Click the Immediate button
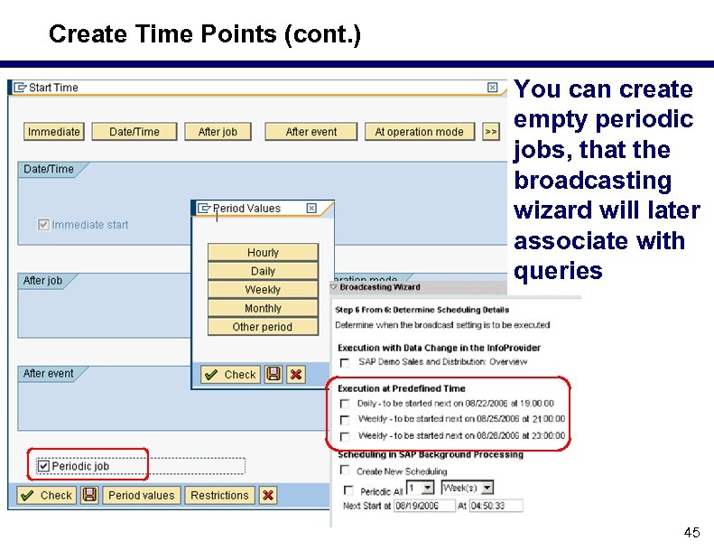click(53, 132)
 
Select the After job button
click(218, 132)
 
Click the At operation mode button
click(419, 132)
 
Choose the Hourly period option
click(263, 253)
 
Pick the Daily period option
click(263, 271)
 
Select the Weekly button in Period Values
click(263, 290)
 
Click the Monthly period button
click(263, 308)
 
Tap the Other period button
click(263, 327)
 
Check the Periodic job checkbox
click(43, 466)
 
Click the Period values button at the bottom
click(141, 495)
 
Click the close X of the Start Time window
click(492, 88)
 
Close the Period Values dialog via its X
click(311, 209)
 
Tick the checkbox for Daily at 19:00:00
click(344, 405)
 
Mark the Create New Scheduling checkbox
click(344, 471)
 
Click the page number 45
click(691, 532)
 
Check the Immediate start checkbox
click(43, 225)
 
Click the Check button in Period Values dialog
click(231, 374)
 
